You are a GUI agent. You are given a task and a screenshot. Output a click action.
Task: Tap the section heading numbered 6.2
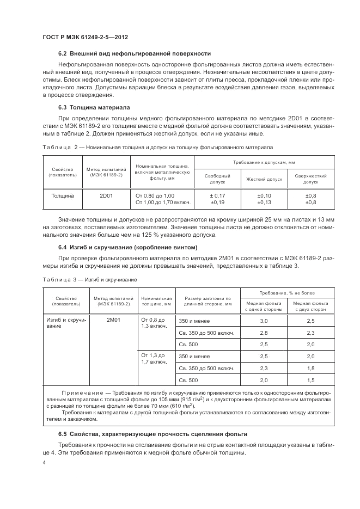[135, 53]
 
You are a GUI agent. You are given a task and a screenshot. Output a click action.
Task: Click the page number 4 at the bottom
[44, 462]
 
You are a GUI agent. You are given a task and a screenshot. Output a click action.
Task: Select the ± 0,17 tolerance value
[217, 195]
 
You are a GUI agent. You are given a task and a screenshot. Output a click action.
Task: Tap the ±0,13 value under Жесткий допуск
[264, 202]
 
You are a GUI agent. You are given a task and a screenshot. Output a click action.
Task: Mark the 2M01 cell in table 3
[114, 320]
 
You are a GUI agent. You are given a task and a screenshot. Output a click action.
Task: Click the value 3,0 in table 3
[264, 321]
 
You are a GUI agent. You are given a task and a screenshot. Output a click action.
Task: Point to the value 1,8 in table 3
[310, 368]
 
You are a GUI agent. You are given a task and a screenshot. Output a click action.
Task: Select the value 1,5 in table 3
[310, 380]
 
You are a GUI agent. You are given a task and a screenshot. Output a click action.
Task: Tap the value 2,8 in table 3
[264, 332]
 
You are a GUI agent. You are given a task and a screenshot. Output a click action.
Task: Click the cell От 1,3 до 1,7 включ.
[154, 358]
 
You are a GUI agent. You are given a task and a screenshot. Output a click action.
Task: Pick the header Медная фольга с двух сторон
[310, 305]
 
